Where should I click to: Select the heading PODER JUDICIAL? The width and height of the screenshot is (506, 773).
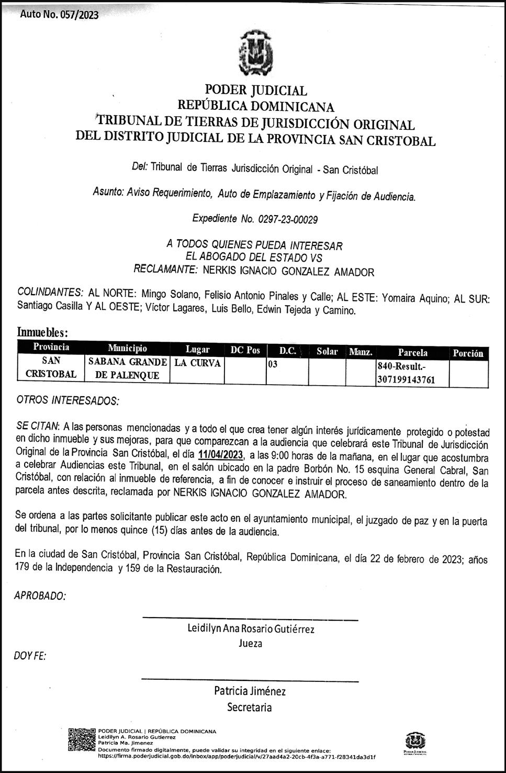[x=255, y=91]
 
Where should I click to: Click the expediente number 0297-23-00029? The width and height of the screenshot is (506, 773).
[x=287, y=219]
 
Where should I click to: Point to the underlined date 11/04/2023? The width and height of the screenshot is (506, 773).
[x=220, y=454]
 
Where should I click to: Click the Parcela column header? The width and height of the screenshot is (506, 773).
[x=412, y=352]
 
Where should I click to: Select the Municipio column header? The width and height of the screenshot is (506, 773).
[x=127, y=349]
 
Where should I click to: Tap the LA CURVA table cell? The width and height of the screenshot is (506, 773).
[x=197, y=363]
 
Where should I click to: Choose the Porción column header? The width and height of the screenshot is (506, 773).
[x=468, y=353]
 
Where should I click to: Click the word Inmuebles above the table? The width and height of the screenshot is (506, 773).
[x=42, y=332]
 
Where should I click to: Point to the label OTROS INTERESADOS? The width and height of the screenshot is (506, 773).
[x=68, y=401]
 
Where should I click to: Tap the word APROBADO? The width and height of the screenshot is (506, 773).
[x=40, y=596]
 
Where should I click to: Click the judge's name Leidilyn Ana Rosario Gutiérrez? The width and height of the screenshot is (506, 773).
[x=251, y=629]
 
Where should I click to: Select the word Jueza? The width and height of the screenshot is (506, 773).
[x=250, y=643]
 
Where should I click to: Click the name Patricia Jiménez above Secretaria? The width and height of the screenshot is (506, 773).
[x=250, y=691]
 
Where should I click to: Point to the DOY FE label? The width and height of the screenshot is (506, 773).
[x=30, y=655]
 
